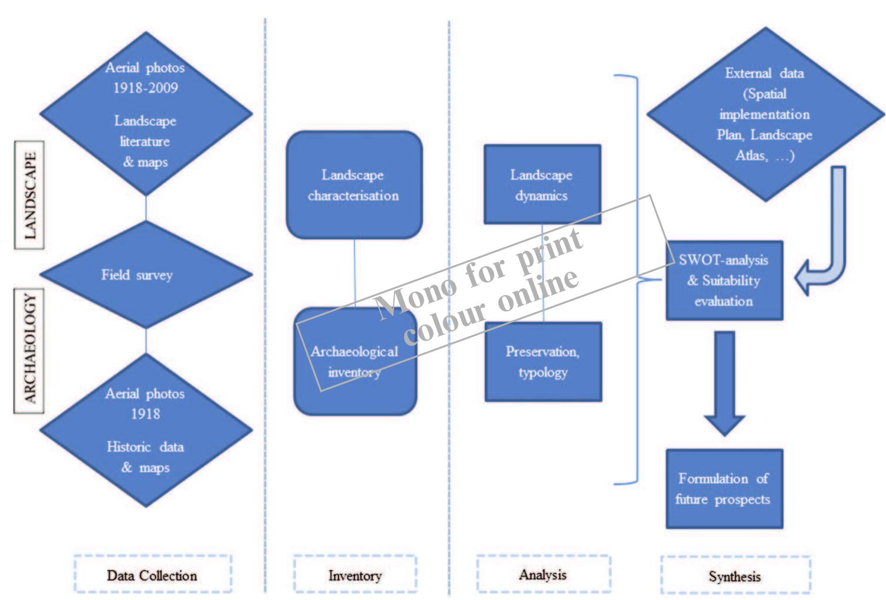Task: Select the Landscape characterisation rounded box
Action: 354,185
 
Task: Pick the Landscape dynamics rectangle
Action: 542,184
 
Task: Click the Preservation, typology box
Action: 543,362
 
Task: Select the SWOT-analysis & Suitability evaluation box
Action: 724,281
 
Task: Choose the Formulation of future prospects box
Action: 724,489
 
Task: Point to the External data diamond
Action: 765,114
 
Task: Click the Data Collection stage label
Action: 152,575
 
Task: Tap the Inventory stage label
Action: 355,575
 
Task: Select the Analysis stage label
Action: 543,574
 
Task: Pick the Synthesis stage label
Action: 735,576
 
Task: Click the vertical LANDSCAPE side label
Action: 29,195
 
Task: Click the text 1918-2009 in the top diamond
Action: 145,88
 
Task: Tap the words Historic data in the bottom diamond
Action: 145,447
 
